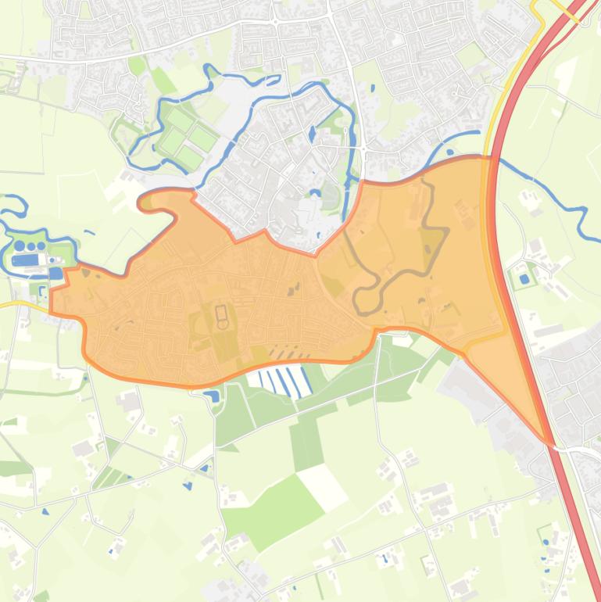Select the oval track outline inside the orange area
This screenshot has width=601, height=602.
[x=221, y=317]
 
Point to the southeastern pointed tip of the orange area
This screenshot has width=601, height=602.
[x=550, y=443]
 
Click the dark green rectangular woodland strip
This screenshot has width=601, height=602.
[x=306, y=442]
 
